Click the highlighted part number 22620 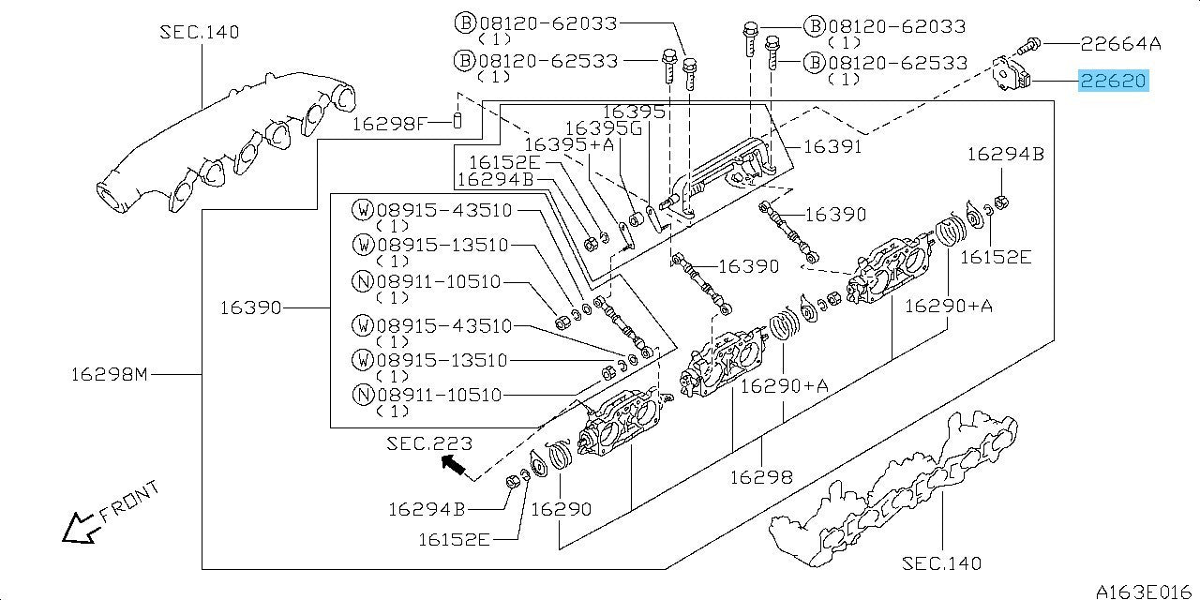[1113, 82]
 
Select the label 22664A [1120, 43]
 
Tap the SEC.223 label [429, 443]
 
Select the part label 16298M [110, 375]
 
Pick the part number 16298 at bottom [761, 477]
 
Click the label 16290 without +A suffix [561, 509]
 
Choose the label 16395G [609, 128]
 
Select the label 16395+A [569, 144]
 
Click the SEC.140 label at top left [199, 33]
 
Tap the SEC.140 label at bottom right [942, 562]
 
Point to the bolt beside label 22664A [1027, 43]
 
